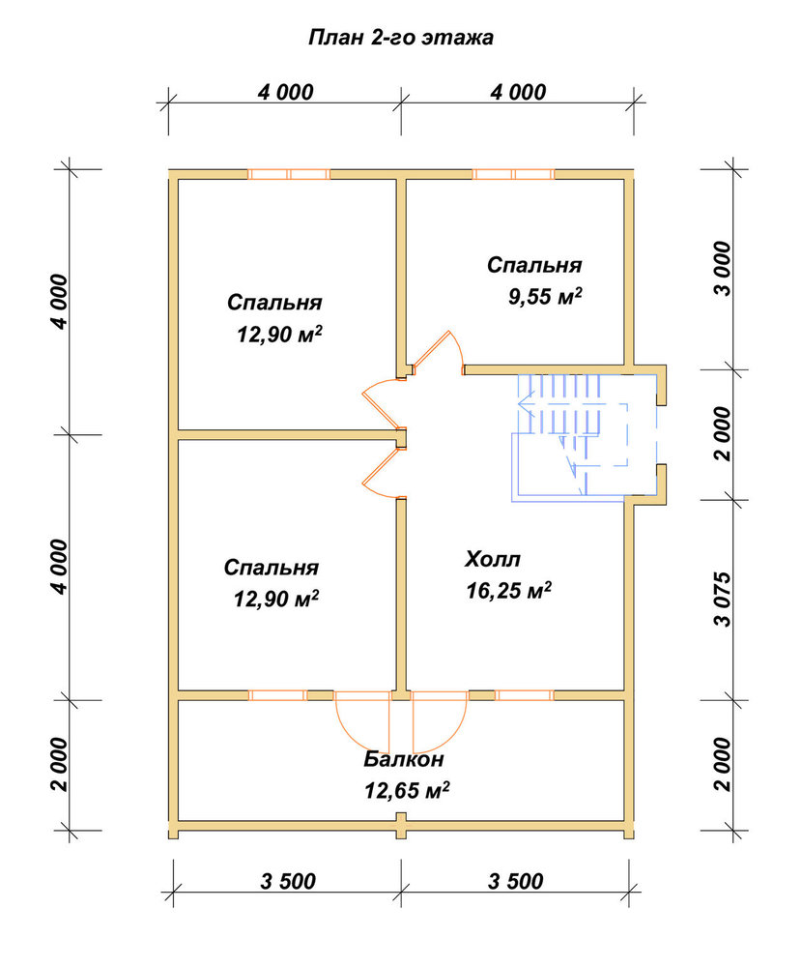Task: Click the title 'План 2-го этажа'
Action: [x=401, y=39]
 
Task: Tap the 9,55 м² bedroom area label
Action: [x=545, y=297]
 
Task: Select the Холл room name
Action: [x=493, y=559]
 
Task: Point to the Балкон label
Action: [x=403, y=758]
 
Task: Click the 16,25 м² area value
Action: [x=508, y=591]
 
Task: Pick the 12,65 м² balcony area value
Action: [x=406, y=790]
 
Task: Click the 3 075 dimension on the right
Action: [x=723, y=600]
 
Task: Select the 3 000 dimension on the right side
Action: [x=723, y=269]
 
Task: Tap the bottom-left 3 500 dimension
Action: [x=288, y=881]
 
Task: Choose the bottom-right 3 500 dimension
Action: [x=515, y=881]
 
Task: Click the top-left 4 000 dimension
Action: [x=285, y=93]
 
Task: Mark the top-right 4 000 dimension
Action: [x=518, y=93]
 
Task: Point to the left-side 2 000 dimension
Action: [x=59, y=764]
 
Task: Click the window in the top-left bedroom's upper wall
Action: [x=289, y=174]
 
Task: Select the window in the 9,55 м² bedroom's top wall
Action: [x=513, y=174]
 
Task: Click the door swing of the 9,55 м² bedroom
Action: [x=441, y=353]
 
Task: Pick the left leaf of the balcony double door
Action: [x=363, y=720]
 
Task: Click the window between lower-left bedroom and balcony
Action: [x=277, y=695]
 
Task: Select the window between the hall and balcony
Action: [x=525, y=695]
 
